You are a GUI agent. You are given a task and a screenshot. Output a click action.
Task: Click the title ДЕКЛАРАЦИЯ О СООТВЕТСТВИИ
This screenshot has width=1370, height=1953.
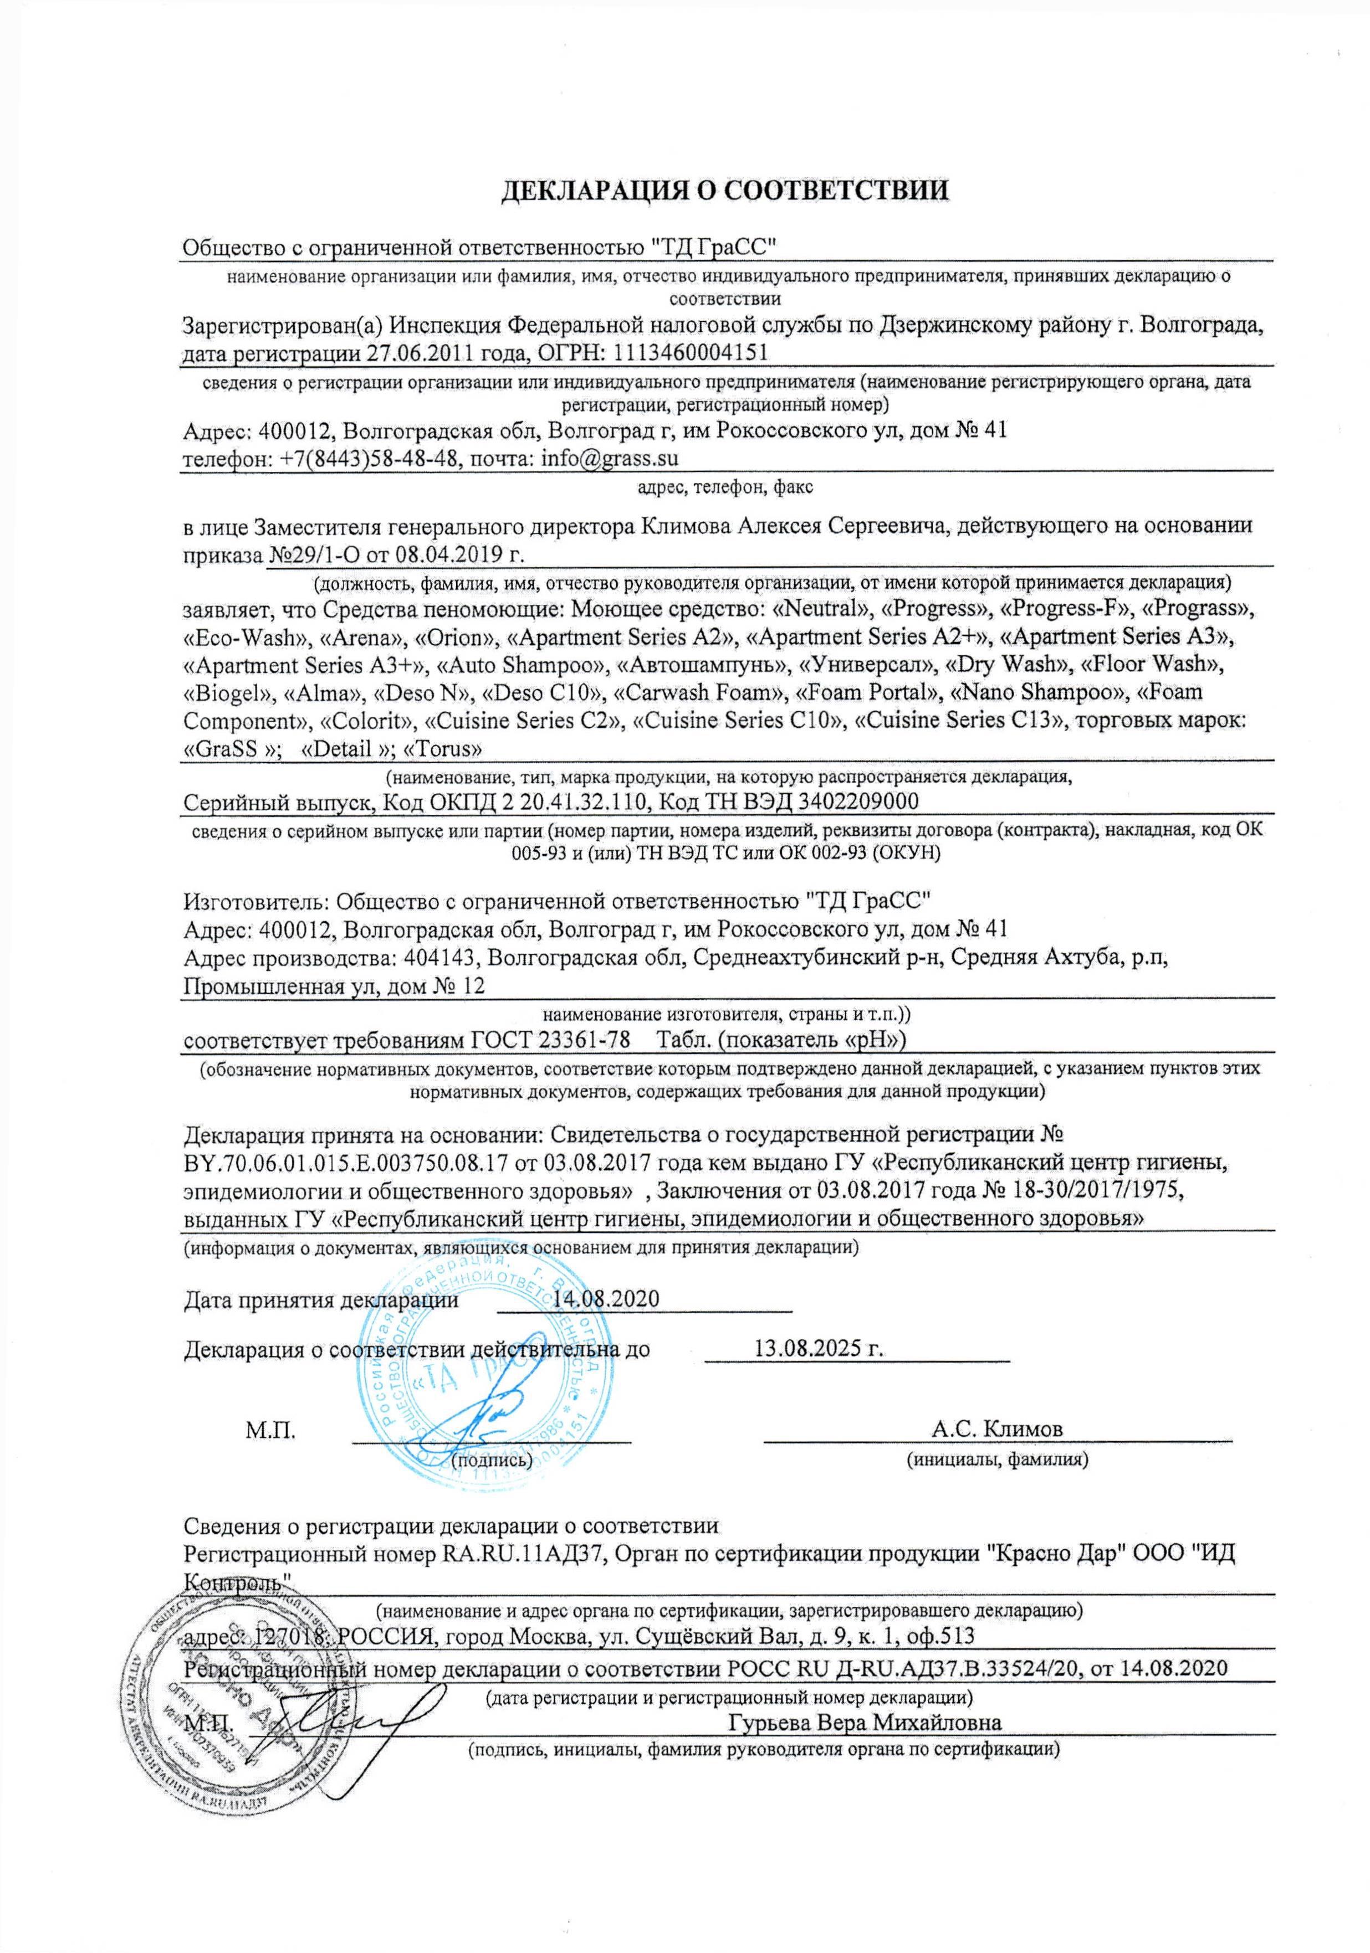[x=724, y=189]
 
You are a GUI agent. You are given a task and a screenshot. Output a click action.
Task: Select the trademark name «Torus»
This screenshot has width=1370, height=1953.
[x=442, y=748]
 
